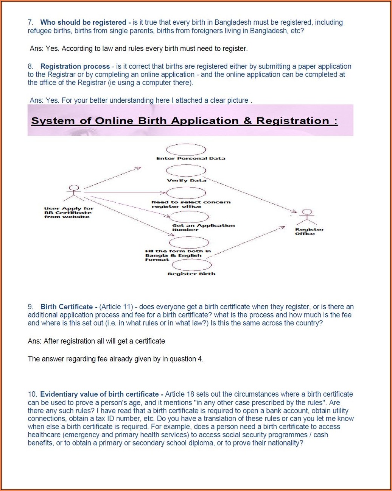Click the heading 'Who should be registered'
[83, 23]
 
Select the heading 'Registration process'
[75, 67]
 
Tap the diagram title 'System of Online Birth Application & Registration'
[184, 121]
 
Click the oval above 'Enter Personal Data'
[186, 150]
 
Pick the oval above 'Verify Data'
[186, 171]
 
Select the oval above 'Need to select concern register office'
[186, 193]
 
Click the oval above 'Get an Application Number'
[190, 217]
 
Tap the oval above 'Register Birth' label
[191, 265]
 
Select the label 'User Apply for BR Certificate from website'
[68, 213]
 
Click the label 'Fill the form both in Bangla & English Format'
[178, 255]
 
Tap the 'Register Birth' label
[191, 274]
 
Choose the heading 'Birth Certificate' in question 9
[67, 307]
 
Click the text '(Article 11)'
[116, 307]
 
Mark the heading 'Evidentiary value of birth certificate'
[100, 394]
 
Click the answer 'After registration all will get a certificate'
[96, 341]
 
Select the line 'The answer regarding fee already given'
[115, 359]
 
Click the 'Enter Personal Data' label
[191, 158]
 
